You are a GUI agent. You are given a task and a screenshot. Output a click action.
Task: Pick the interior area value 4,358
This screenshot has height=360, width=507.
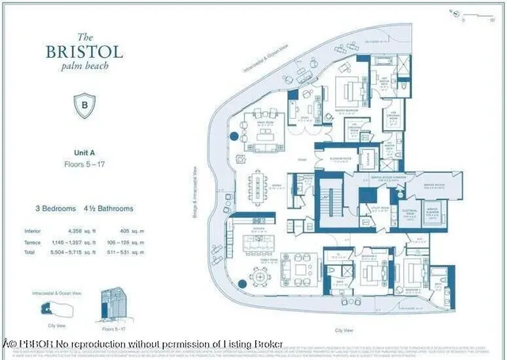tap(78, 231)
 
